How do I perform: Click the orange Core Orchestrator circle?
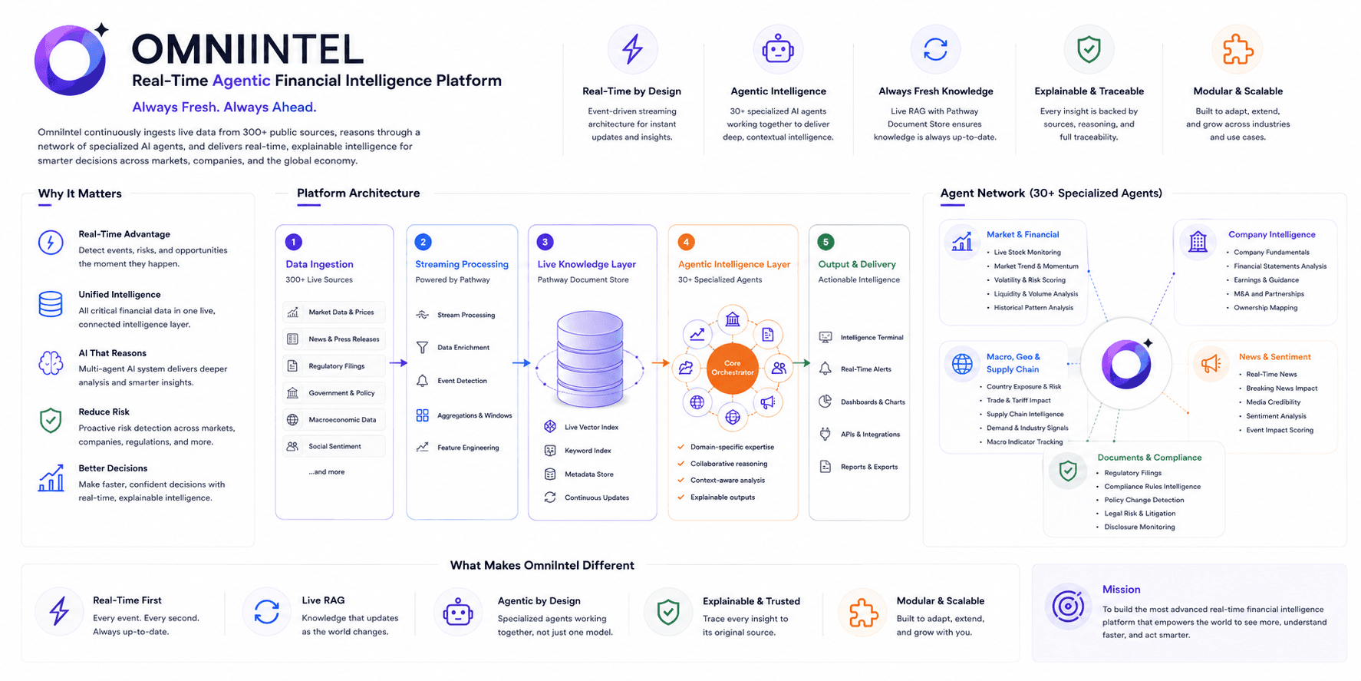point(733,368)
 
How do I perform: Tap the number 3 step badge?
point(545,242)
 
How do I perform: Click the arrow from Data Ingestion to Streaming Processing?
point(399,362)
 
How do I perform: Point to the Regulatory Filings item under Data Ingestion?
point(337,366)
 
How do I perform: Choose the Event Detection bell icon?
point(422,381)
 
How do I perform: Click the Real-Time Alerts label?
point(866,369)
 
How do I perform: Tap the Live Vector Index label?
point(592,427)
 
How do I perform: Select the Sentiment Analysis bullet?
point(1276,416)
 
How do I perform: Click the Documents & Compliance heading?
point(1149,458)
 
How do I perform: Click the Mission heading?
point(1122,590)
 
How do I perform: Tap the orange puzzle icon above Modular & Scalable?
point(1237,49)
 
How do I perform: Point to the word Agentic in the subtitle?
point(242,81)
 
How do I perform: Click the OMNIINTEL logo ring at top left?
point(70,60)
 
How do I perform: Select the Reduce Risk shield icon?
point(51,421)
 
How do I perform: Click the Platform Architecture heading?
point(358,193)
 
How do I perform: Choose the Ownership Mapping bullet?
point(1266,308)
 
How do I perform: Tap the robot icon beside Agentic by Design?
point(458,613)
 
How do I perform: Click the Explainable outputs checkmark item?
point(717,498)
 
